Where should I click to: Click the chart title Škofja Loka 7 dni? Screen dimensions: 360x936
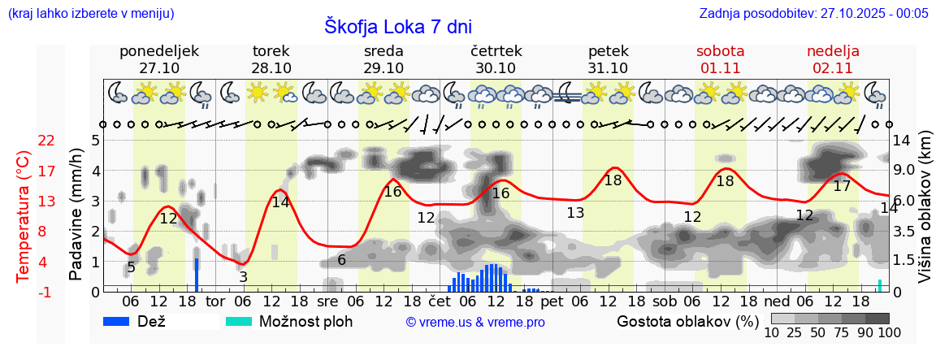(x=397, y=26)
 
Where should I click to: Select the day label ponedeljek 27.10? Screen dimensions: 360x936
(x=158, y=59)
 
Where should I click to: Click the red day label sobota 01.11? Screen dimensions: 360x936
(x=720, y=59)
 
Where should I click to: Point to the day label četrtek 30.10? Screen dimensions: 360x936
(x=496, y=59)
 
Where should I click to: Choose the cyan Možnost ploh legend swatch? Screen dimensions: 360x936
(x=240, y=321)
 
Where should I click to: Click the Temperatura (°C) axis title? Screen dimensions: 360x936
(x=24, y=215)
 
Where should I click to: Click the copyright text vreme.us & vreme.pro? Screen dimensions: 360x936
(x=475, y=323)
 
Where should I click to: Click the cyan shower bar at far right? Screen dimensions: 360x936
(x=879, y=285)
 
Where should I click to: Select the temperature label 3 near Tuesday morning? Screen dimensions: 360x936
(x=243, y=277)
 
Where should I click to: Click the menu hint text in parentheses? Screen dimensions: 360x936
(x=90, y=13)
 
